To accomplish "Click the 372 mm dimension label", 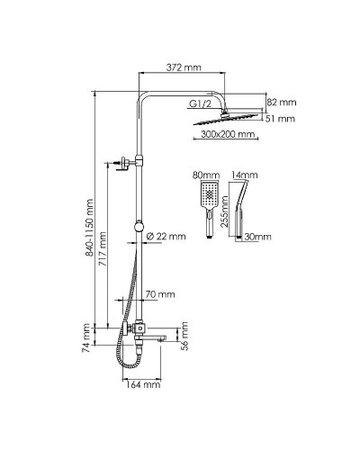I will (x=184, y=67).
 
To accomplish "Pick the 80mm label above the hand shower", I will (x=205, y=175).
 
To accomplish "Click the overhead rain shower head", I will (x=226, y=117).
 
